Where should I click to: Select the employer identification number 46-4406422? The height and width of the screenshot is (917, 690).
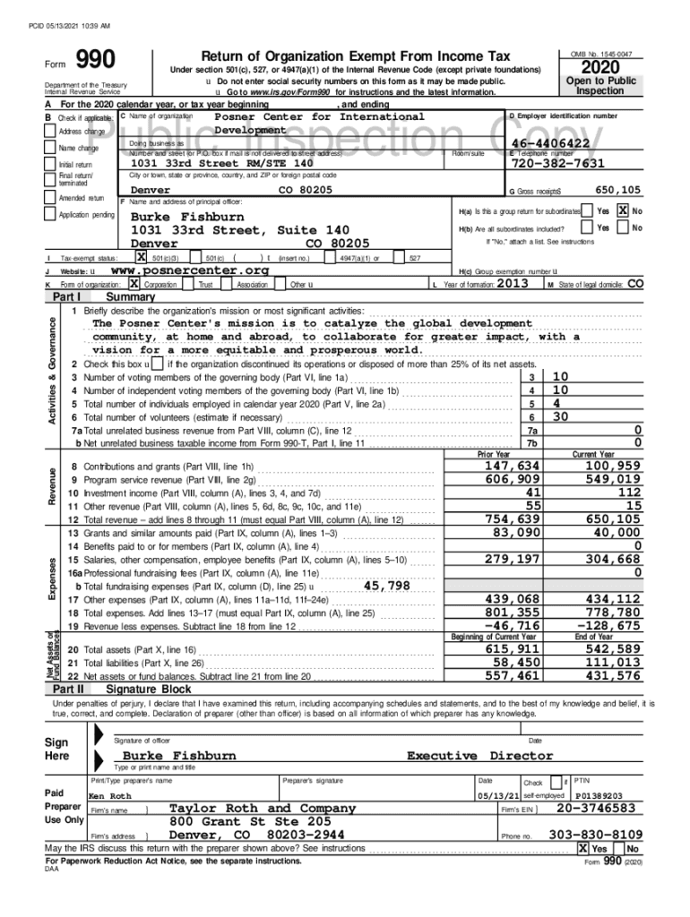coord(550,143)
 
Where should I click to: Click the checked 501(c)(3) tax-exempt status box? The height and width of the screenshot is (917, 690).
coord(140,258)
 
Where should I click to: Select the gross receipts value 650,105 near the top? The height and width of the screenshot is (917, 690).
coord(618,190)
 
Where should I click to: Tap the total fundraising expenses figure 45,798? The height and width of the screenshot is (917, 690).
coord(386,586)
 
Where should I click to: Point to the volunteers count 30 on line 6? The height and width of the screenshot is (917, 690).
coord(560,416)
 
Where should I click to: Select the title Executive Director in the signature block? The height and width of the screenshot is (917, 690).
coord(480,756)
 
